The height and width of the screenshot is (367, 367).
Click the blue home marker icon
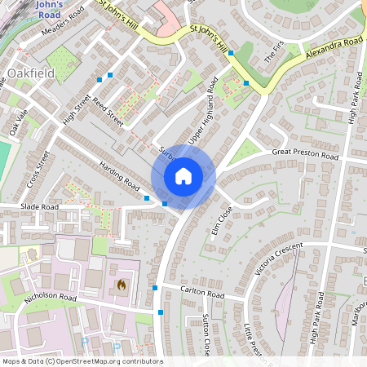click(x=183, y=176)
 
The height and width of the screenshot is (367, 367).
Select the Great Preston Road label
click(x=305, y=154)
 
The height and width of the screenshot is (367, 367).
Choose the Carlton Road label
click(x=202, y=294)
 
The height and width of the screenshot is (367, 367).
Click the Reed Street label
click(x=108, y=113)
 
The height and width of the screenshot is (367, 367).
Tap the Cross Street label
click(x=38, y=169)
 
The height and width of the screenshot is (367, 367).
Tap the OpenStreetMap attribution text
click(x=82, y=360)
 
